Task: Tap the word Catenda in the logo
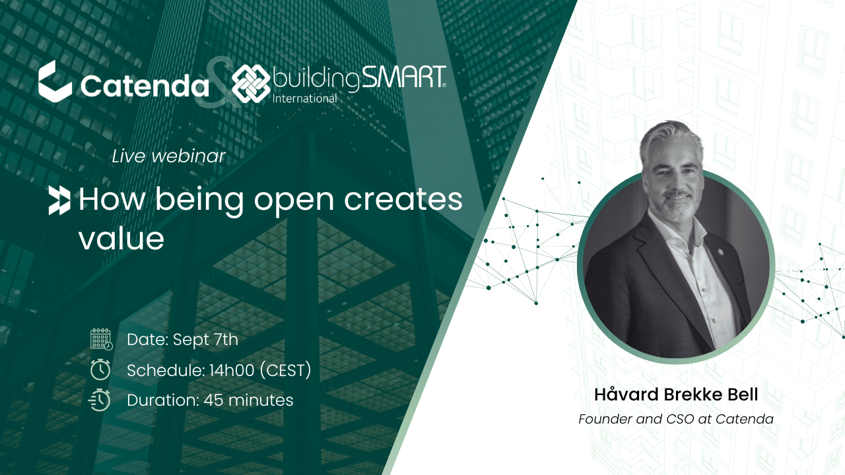[145, 86]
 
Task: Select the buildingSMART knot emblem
[251, 83]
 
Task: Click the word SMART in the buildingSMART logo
[403, 78]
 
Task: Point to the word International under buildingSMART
[304, 98]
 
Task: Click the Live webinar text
[168, 156]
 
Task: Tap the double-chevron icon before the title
[59, 201]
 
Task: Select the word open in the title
[294, 201]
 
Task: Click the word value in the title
[121, 238]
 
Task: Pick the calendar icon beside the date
[102, 339]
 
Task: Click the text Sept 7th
[205, 340]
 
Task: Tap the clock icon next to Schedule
[100, 369]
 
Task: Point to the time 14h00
[232, 370]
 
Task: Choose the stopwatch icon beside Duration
[100, 400]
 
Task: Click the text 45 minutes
[249, 400]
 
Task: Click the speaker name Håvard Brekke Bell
[676, 395]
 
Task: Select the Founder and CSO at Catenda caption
[676, 419]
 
